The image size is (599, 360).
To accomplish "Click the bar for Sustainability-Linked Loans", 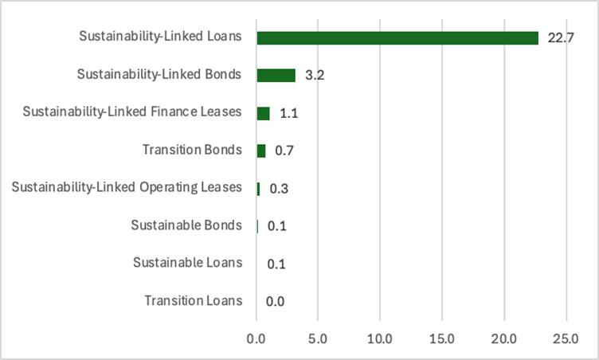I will pos(397,38).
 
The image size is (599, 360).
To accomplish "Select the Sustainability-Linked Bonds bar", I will pos(276,76).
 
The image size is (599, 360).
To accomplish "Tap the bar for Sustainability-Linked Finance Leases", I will pos(263,113).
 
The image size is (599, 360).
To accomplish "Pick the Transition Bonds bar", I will pos(260,151).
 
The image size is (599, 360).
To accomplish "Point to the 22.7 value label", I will pos(560,38).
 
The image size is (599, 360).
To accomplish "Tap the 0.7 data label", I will pos(283,151).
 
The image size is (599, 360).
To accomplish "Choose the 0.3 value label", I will pos(278,189).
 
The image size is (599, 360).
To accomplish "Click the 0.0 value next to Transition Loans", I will pos(276,301).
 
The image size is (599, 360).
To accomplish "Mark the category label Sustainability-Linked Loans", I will pos(160,37).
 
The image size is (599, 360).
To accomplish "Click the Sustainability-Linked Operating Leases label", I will pos(126,187).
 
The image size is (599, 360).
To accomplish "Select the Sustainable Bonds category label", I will pos(186,225).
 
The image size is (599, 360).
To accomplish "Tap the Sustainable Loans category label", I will pos(186,263).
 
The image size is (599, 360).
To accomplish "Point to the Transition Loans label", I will pos(192,300).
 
